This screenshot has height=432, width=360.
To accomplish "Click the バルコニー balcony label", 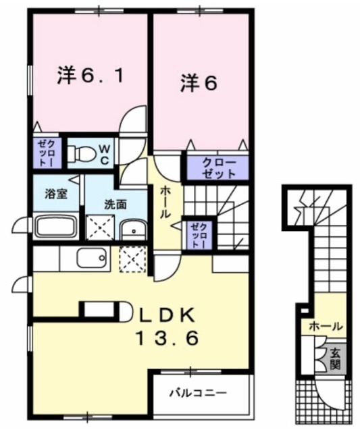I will coord(198,391).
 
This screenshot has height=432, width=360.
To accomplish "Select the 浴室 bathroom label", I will coord(55,194).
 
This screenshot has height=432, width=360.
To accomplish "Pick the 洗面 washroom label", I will coord(115,204).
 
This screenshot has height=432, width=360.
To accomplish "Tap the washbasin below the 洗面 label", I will coord(134,230).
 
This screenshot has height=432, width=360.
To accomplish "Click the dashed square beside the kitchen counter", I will coord(132,259).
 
